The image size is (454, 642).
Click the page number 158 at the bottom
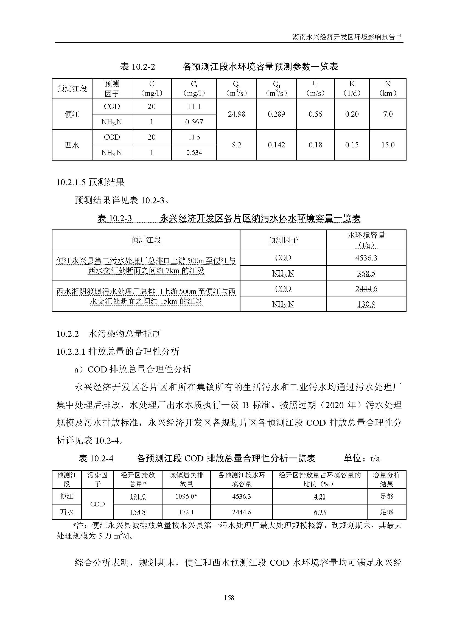[229, 598]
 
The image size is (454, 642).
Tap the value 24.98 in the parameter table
[237, 114]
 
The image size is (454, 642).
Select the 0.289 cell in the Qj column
[276, 114]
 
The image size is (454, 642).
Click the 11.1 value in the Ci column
[194, 106]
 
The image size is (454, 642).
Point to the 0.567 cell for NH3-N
[194, 122]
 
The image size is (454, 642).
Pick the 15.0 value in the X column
[388, 145]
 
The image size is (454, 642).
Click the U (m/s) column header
[315, 88]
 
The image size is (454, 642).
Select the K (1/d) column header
[352, 88]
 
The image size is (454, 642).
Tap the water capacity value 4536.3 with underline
[366, 258]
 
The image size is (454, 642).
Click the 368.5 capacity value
[366, 273]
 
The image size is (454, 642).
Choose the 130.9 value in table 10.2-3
[366, 304]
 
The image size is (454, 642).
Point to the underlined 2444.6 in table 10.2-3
[366, 288]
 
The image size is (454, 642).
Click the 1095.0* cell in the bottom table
[186, 496]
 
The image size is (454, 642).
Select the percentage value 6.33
[320, 512]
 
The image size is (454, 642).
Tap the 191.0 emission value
[138, 496]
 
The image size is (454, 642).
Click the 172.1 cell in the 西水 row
[186, 512]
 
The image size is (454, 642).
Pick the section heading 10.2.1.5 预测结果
[90, 182]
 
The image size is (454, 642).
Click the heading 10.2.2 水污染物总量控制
[108, 333]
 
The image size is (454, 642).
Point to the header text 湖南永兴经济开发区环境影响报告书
[347, 37]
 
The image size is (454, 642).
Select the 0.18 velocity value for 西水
[315, 145]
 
